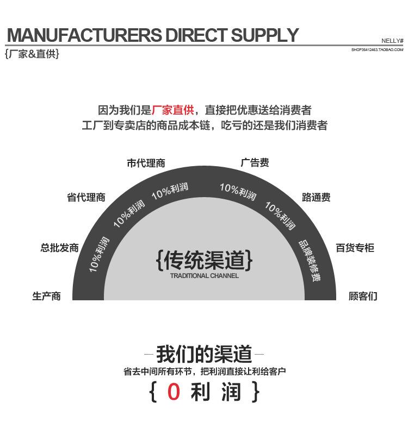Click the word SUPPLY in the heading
[x=264, y=35]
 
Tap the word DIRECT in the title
[x=196, y=35]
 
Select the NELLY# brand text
[x=392, y=41]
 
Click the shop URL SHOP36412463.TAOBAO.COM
[x=378, y=49]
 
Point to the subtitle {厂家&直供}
[x=32, y=54]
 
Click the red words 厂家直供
[x=173, y=110]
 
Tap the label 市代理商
[x=146, y=163]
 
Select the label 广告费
[x=255, y=162]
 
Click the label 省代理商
[x=86, y=197]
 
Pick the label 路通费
[x=316, y=197]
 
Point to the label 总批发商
[x=59, y=248]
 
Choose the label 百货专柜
[x=355, y=248]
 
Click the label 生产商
[x=46, y=296]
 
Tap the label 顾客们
[x=363, y=296]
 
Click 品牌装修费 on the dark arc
[x=310, y=261]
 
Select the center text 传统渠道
[x=204, y=260]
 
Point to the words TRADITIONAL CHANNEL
[x=204, y=276]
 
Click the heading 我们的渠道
[x=204, y=354]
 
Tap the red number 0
[x=174, y=392]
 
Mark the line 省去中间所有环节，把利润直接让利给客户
[x=205, y=371]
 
